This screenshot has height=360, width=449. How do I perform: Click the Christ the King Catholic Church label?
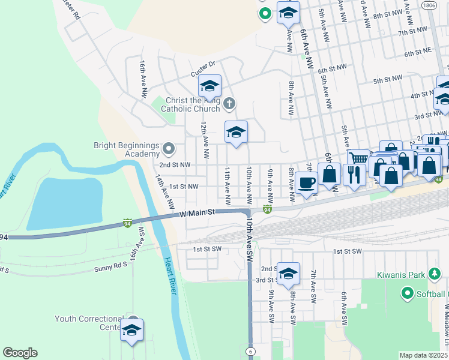(190, 104)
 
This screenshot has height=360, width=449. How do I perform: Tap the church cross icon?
(228, 104)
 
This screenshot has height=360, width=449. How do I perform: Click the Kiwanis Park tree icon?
(435, 275)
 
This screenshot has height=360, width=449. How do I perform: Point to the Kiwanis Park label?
(402, 275)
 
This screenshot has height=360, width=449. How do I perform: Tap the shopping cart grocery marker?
(358, 159)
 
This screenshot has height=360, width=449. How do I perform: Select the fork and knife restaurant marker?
(354, 175)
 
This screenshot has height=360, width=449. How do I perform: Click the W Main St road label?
(197, 214)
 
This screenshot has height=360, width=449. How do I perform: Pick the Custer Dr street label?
(203, 66)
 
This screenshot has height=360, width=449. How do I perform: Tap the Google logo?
(20, 353)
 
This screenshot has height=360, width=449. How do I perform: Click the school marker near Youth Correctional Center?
(132, 330)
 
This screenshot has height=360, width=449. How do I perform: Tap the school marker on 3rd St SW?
(288, 274)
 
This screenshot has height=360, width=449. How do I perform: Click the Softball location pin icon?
(408, 293)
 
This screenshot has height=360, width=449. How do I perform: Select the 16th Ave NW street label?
(143, 78)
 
